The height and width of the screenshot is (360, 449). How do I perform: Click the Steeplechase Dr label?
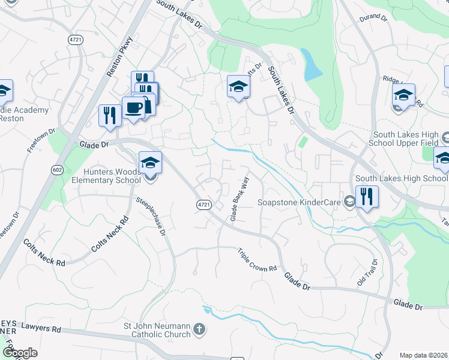(x=151, y=216)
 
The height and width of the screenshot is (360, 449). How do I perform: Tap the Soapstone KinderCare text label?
(x=299, y=202)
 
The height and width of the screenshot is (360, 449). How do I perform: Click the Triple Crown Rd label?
(x=257, y=259)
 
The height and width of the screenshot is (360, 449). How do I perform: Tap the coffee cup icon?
(x=133, y=108)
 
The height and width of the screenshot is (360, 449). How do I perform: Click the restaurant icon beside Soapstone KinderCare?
(x=367, y=196)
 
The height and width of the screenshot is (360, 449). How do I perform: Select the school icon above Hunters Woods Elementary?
(x=150, y=162)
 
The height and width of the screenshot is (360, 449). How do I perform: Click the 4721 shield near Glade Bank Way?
(x=204, y=205)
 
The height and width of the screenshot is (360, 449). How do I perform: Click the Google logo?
(x=20, y=353)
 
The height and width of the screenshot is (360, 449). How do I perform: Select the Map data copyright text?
(x=424, y=355)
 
